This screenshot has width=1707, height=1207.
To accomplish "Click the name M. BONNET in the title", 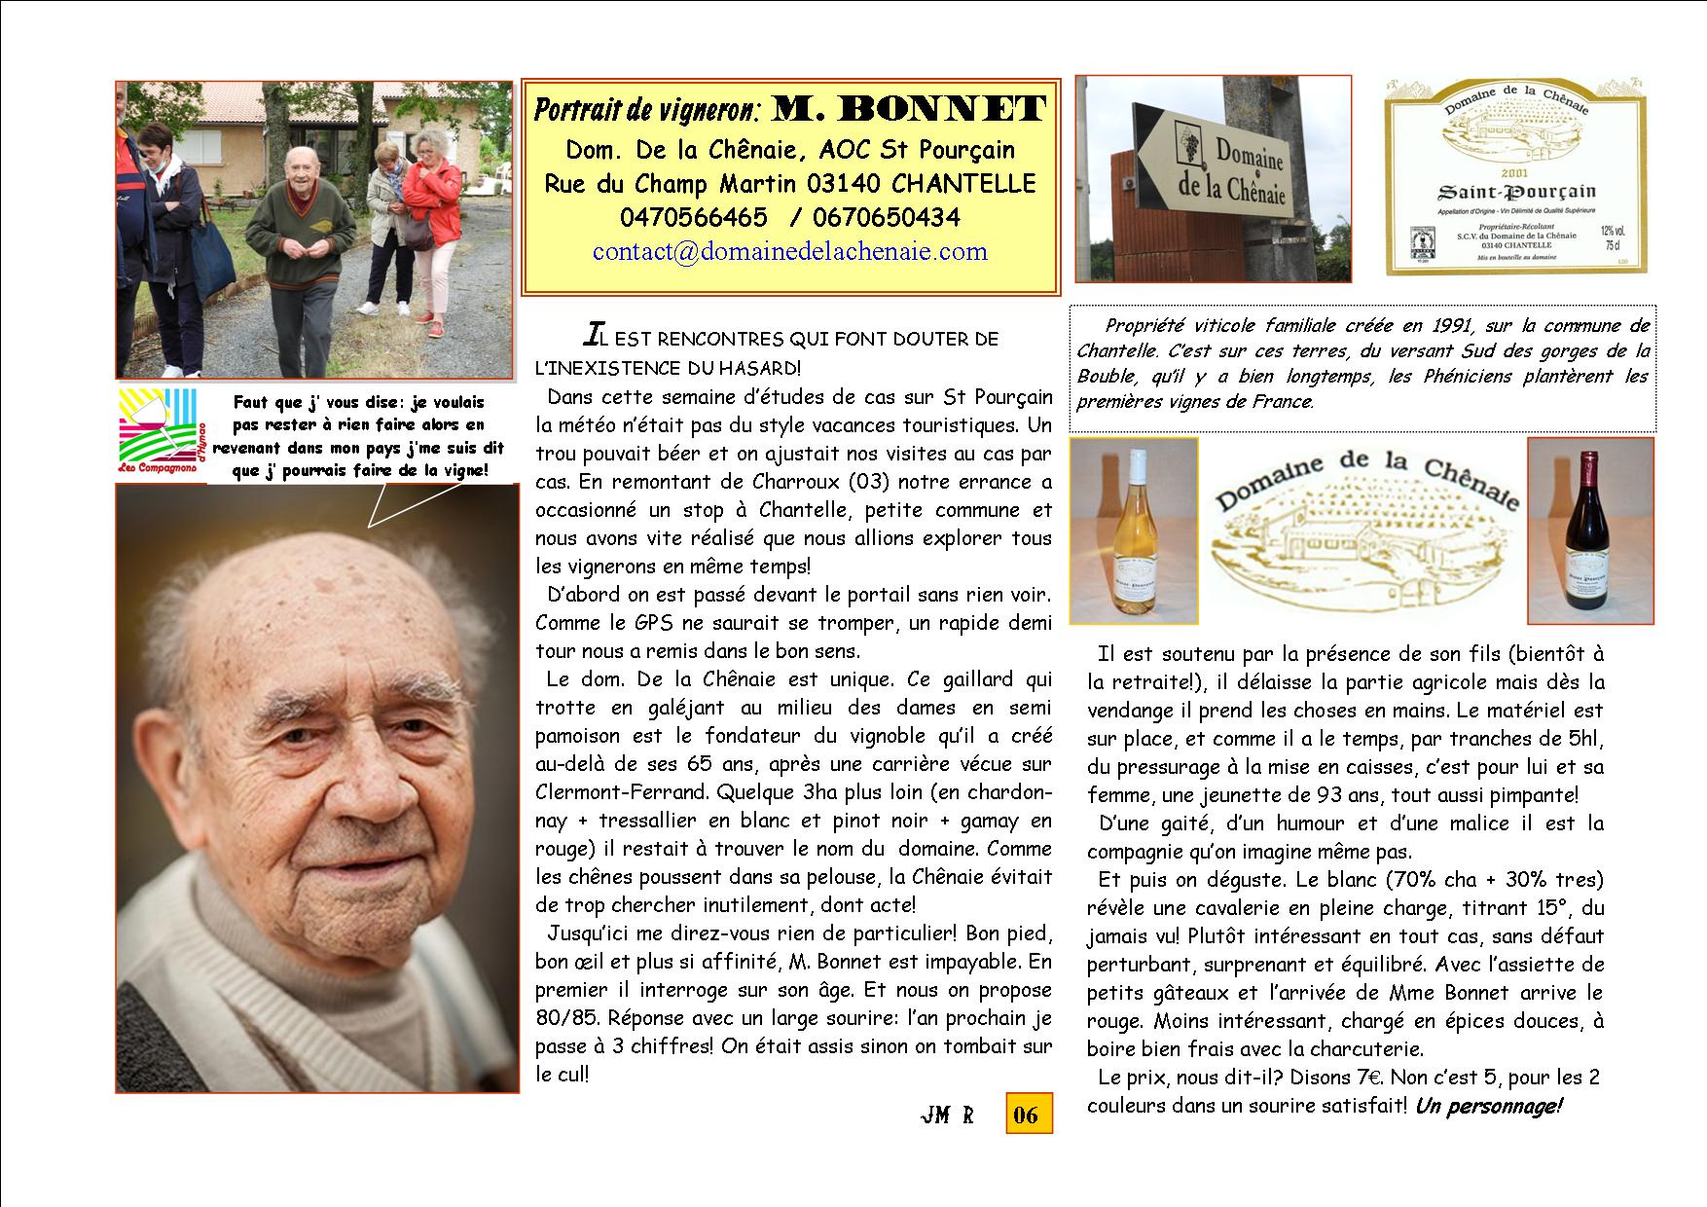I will pyautogui.click(x=909, y=109).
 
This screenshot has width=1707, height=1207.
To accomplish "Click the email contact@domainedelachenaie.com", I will pyautogui.click(x=789, y=251).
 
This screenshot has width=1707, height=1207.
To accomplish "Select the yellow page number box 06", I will pyautogui.click(x=1028, y=1115).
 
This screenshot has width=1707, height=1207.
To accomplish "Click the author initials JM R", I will pyautogui.click(x=947, y=1116).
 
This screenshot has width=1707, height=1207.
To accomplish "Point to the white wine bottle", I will pyautogui.click(x=1133, y=533).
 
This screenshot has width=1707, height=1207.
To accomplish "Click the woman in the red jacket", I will pyautogui.click(x=438, y=209).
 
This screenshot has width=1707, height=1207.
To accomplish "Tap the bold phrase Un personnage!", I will pyautogui.click(x=1488, y=1107).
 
